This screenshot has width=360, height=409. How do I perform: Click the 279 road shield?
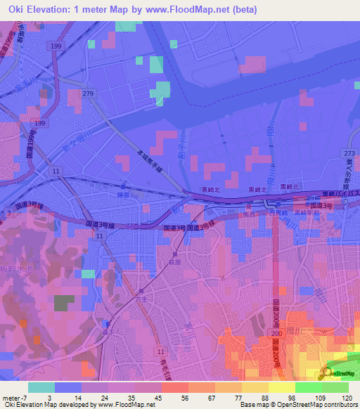[87, 93]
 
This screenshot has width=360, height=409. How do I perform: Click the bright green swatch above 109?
[308, 387]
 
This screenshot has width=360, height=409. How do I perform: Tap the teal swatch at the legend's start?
[41, 387]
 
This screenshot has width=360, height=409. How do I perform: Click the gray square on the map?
[64, 303]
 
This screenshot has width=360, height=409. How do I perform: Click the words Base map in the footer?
[253, 405]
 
